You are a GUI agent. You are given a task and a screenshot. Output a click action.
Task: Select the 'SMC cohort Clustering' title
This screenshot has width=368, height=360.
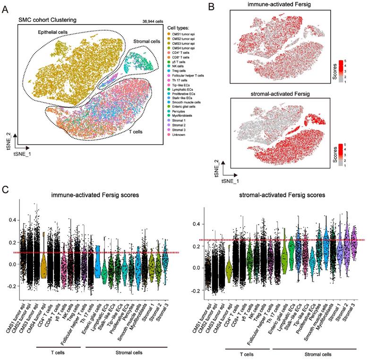tap(47, 20)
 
